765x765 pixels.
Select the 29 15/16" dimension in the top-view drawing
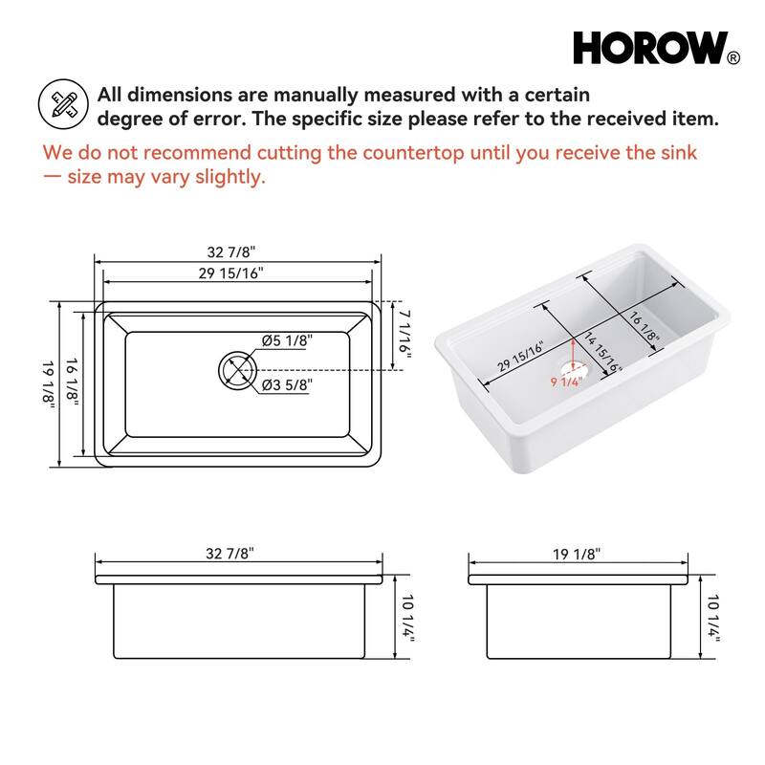point(232,273)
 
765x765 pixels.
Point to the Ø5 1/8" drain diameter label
point(287,341)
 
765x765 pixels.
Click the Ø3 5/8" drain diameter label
point(287,384)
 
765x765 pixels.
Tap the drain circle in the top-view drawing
point(236,369)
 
